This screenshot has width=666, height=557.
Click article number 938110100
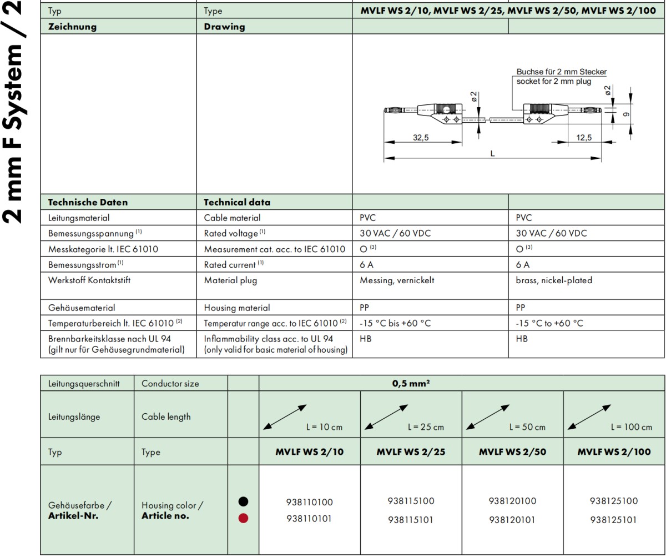click(x=309, y=503)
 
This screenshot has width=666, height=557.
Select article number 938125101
click(x=614, y=520)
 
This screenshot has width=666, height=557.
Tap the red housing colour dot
click(x=243, y=518)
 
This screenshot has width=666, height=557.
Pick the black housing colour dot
click(x=243, y=501)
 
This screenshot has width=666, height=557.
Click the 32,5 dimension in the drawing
click(x=421, y=138)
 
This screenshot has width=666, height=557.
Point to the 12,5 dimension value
click(x=584, y=138)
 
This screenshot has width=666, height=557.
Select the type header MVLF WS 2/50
click(x=512, y=452)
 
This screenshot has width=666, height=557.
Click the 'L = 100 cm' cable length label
click(x=631, y=427)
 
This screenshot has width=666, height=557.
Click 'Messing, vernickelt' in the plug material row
click(x=397, y=280)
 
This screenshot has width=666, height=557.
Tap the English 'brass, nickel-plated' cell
click(x=553, y=280)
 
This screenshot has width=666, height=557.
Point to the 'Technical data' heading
click(x=237, y=202)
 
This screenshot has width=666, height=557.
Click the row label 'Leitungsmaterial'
click(x=78, y=218)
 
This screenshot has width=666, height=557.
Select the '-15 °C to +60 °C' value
click(x=549, y=323)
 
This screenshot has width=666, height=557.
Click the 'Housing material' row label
click(x=237, y=308)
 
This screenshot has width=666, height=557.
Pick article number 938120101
click(x=512, y=520)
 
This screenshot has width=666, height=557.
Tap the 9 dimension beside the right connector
click(x=626, y=115)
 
